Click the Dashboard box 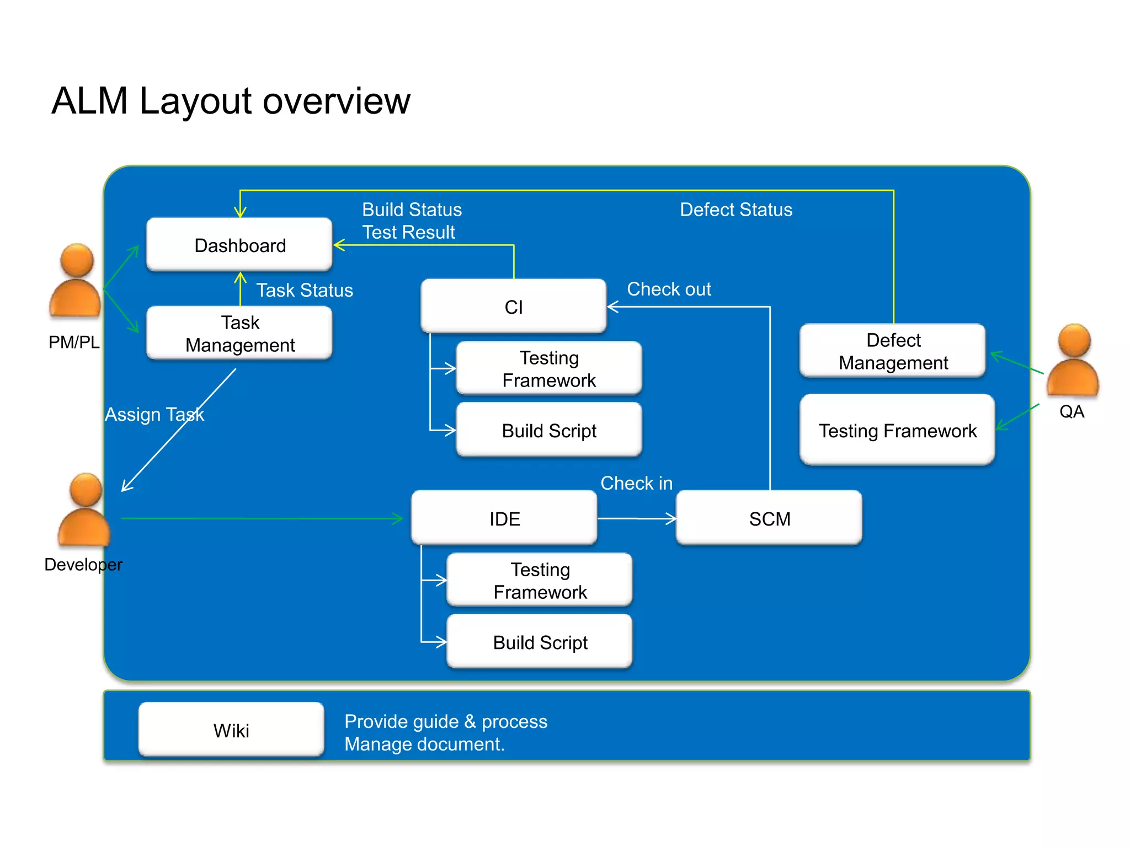tap(239, 245)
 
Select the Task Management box tap(239, 333)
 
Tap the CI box tap(513, 307)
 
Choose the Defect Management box tap(893, 351)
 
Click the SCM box tap(769, 518)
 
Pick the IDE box tap(504, 518)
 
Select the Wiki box tap(231, 730)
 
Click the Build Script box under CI tap(549, 430)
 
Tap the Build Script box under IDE tap(540, 642)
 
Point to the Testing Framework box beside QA tap(897, 430)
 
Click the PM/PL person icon tap(76, 281)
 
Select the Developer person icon tap(84, 510)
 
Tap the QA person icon tap(1073, 361)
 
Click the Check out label tap(669, 289)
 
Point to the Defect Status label tap(735, 210)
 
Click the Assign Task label tap(154, 414)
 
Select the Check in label tap(636, 483)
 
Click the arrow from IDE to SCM tap(637, 518)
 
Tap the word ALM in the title tap(90, 101)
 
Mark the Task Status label tap(305, 290)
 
